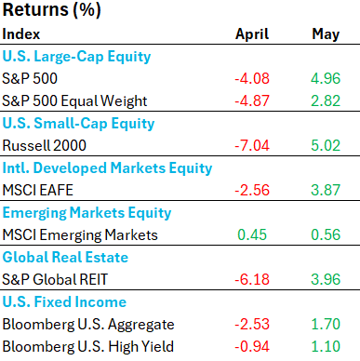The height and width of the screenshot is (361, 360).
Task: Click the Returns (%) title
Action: click(x=51, y=10)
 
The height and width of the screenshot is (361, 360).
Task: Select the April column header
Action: click(x=252, y=34)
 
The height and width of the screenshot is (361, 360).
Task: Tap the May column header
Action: click(x=326, y=34)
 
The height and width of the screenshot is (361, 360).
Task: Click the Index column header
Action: click(x=21, y=33)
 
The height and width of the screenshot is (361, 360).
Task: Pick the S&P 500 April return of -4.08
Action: click(x=252, y=78)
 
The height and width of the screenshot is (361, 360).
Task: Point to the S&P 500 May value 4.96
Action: click(x=326, y=78)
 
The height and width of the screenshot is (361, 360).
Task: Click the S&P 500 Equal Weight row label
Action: click(x=74, y=101)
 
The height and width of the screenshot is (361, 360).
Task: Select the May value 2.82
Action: click(x=326, y=100)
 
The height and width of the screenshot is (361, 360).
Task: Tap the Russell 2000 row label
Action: click(x=44, y=145)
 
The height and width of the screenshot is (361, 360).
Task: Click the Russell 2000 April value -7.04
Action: click(x=252, y=145)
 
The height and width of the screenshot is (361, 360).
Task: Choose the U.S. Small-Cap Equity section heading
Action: click(x=78, y=124)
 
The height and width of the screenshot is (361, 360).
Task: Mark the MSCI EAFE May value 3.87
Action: click(x=326, y=190)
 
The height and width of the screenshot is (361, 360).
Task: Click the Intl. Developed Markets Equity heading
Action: click(x=107, y=168)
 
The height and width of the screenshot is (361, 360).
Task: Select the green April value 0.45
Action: click(x=252, y=234)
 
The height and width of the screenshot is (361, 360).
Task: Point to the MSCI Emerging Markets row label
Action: click(x=80, y=235)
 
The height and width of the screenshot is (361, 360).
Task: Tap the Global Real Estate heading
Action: click(x=65, y=257)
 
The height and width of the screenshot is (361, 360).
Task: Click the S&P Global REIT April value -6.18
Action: click(x=252, y=279)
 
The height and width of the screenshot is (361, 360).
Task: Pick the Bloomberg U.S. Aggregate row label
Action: click(x=88, y=325)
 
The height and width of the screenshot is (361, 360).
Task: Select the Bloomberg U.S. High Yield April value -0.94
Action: click(x=252, y=346)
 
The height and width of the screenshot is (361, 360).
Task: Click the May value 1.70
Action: click(x=326, y=324)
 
